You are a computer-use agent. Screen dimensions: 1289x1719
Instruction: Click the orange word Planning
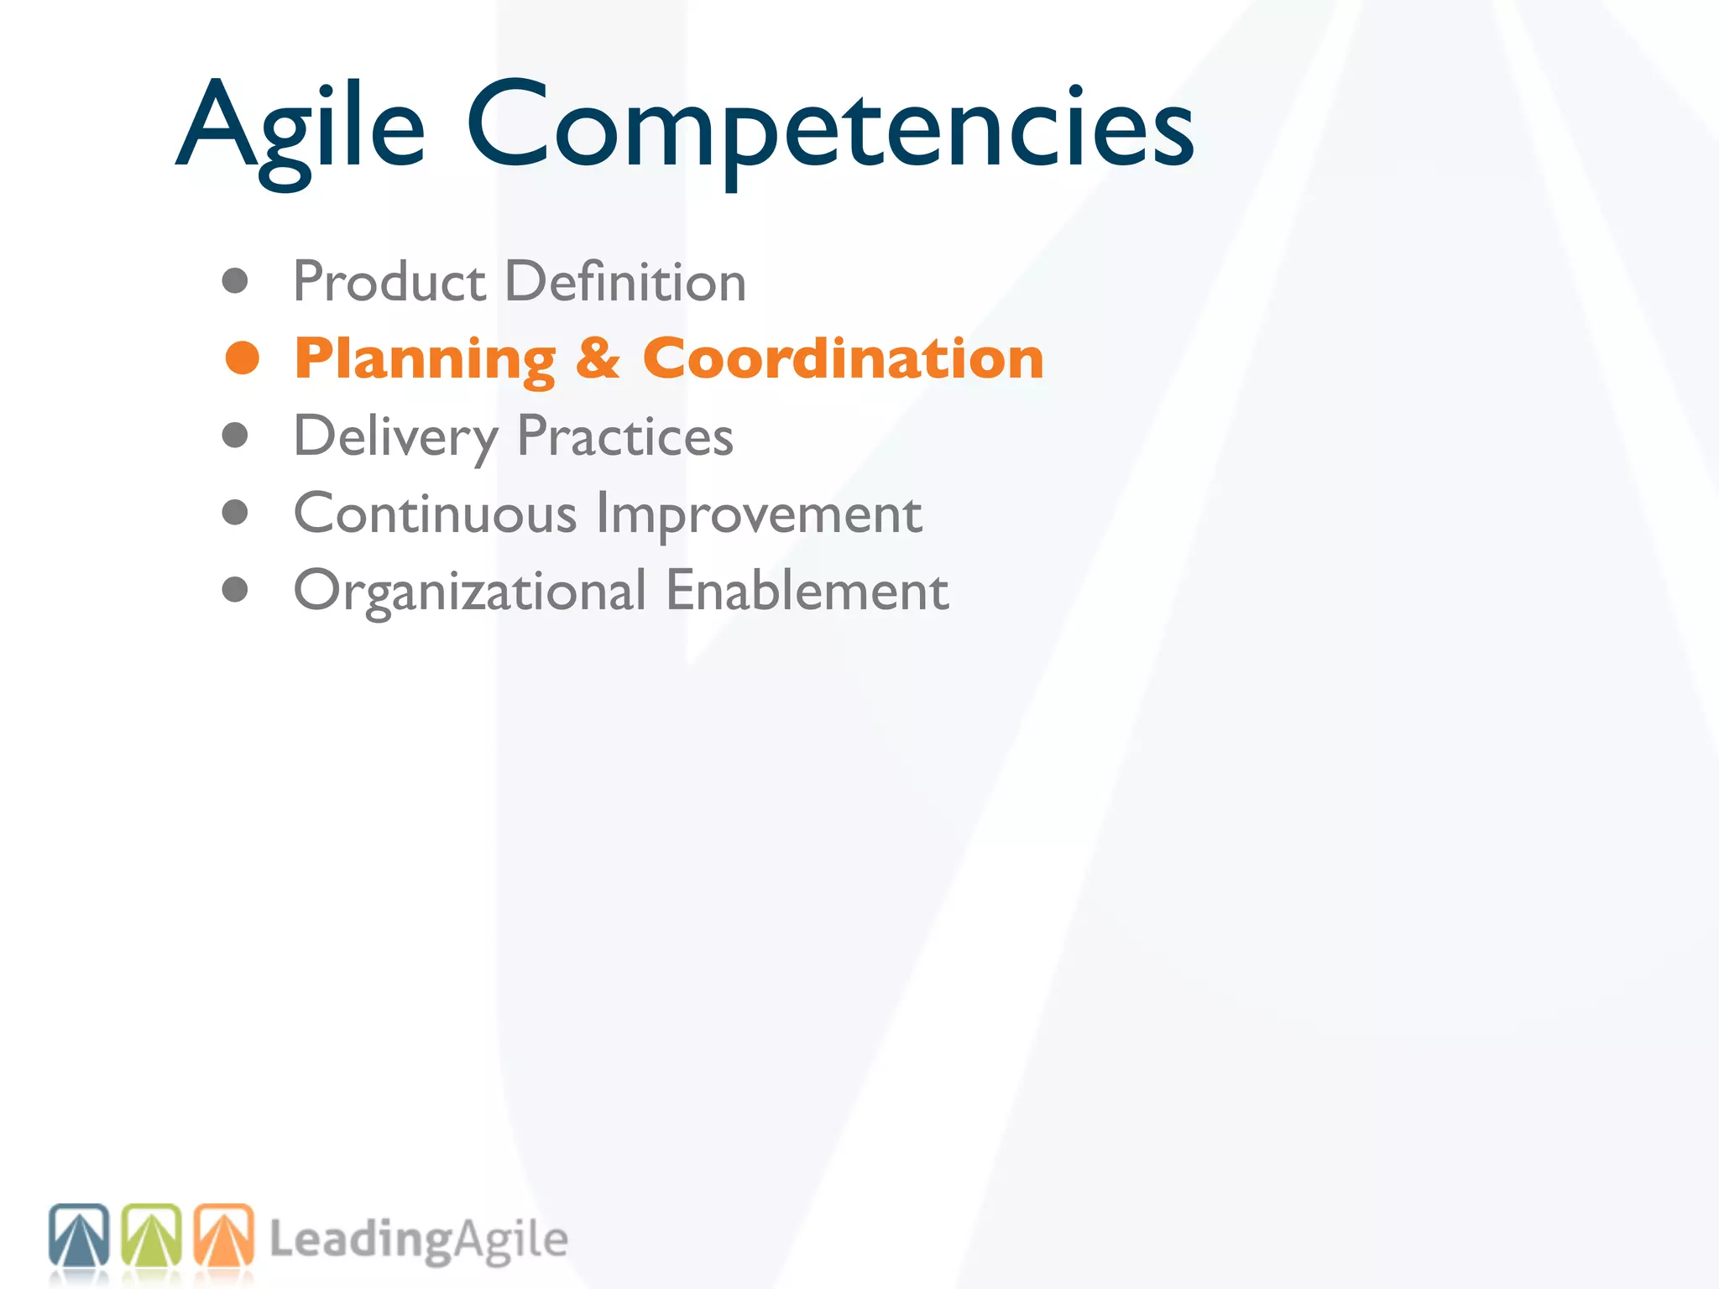pyautogui.click(x=425, y=359)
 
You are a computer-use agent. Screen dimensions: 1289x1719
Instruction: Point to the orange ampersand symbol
pyautogui.click(x=598, y=358)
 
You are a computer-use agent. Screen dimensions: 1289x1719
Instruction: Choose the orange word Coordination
pyautogui.click(x=843, y=358)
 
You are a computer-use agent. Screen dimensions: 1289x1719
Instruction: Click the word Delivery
pyautogui.click(x=395, y=436)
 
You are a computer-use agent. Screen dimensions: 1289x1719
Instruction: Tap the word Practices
pyautogui.click(x=624, y=436)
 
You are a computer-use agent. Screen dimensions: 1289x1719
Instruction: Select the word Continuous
pyautogui.click(x=435, y=513)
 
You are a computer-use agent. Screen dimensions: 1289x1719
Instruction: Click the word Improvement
pyautogui.click(x=759, y=513)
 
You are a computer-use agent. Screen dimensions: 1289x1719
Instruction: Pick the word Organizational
pyautogui.click(x=469, y=591)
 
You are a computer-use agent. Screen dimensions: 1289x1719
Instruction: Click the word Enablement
pyautogui.click(x=807, y=591)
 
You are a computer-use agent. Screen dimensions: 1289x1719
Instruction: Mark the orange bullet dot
pyautogui.click(x=243, y=358)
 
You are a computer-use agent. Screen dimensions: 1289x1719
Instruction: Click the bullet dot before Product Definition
pyautogui.click(x=235, y=281)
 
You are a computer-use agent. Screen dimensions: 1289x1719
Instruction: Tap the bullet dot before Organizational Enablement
pyautogui.click(x=235, y=590)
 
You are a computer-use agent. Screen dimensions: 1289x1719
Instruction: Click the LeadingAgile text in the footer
pyautogui.click(x=418, y=1239)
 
